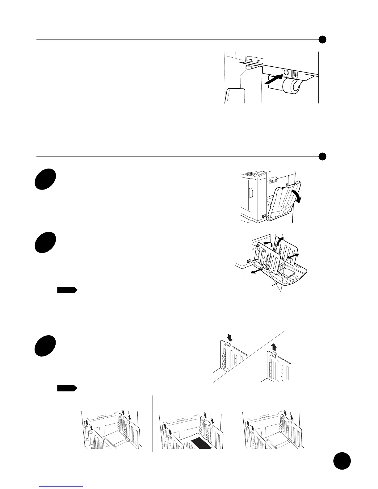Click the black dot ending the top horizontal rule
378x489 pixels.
pos(322,40)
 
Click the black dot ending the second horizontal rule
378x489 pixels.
pos(322,157)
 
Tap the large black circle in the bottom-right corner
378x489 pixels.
pos(342,461)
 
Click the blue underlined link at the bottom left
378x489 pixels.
pos(62,486)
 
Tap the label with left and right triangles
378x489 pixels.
pos(255,60)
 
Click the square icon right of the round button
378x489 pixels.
pos(294,74)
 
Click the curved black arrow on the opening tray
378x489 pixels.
pos(296,196)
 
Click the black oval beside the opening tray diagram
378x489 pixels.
pos(45,179)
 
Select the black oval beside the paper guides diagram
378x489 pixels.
pos(45,243)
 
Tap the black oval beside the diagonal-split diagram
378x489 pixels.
pos(45,346)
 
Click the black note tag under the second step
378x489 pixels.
pos(67,290)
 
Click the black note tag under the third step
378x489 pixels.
pos(67,388)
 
